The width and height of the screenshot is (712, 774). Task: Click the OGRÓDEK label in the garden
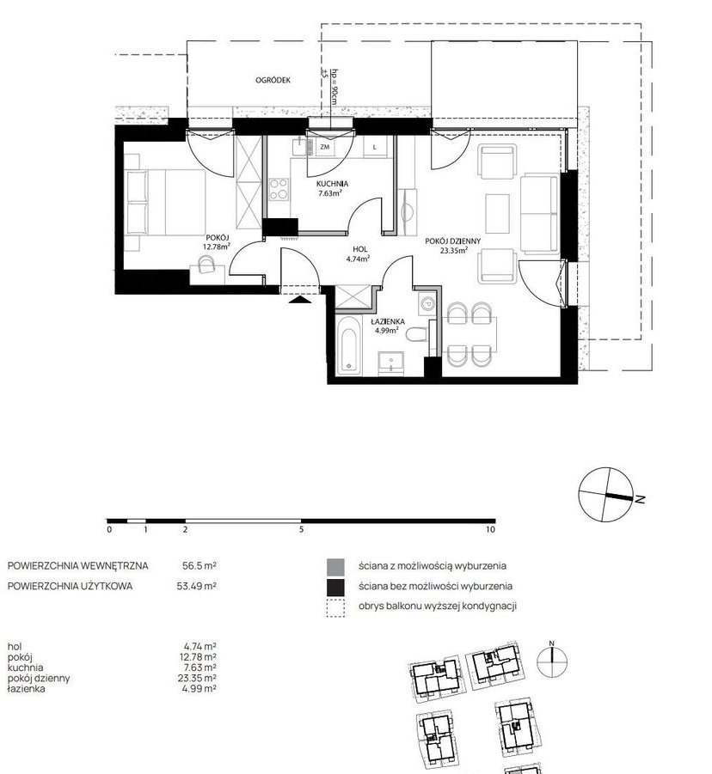pos(273,80)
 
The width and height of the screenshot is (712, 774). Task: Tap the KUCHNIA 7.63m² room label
pos(332,188)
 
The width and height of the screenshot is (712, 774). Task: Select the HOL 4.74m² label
pos(359,253)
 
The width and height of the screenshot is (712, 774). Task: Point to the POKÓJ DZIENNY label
pos(452,241)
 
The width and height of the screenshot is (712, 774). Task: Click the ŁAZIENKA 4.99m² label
pos(388,326)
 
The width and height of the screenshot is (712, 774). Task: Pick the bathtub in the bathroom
pos(349,345)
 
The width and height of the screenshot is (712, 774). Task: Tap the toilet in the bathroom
pos(416,334)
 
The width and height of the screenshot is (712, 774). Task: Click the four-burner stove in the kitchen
pos(279,190)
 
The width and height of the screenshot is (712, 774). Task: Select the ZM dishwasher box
pos(325,147)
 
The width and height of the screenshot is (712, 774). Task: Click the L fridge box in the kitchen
pos(375,147)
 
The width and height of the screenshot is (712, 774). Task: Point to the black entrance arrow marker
pos(299,299)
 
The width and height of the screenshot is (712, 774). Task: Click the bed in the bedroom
pos(165,203)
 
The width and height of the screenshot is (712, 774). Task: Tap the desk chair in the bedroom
pos(207,266)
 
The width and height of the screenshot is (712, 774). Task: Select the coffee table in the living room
pos(497,213)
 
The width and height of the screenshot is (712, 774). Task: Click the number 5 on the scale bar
pos(301,530)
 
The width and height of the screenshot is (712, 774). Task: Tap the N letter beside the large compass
pos(641,500)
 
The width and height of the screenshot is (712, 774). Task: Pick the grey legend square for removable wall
pos(335,567)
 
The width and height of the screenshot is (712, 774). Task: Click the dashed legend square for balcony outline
pos(335,607)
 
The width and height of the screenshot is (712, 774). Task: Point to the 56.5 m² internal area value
pos(199,566)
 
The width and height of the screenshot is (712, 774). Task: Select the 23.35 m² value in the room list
pos(197,679)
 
